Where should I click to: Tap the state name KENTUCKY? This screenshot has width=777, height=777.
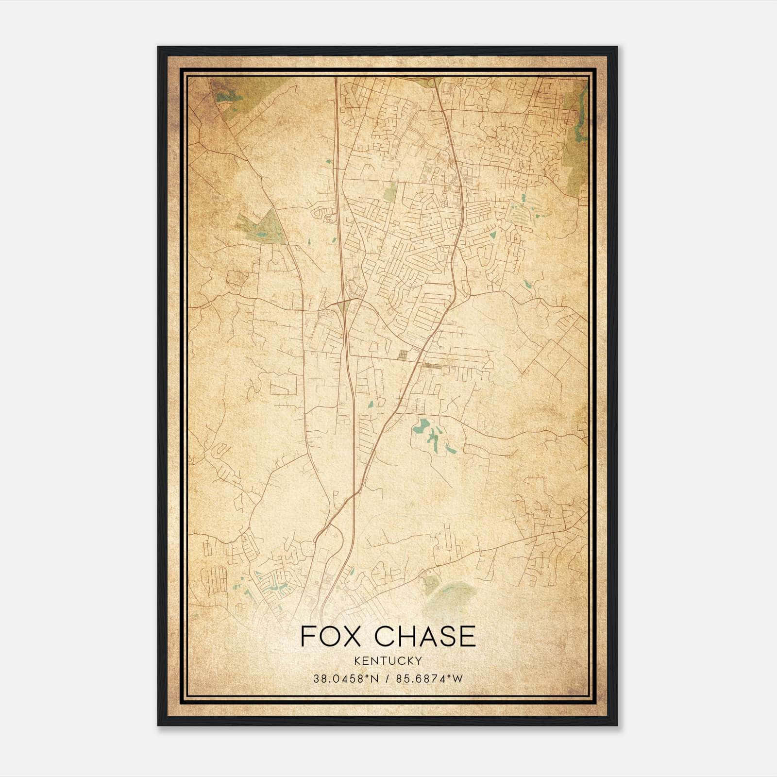(388, 660)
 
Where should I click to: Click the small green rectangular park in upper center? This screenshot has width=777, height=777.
(390, 193)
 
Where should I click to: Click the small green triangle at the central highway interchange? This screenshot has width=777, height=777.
(343, 304)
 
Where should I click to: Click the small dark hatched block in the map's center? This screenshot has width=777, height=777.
(403, 355)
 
